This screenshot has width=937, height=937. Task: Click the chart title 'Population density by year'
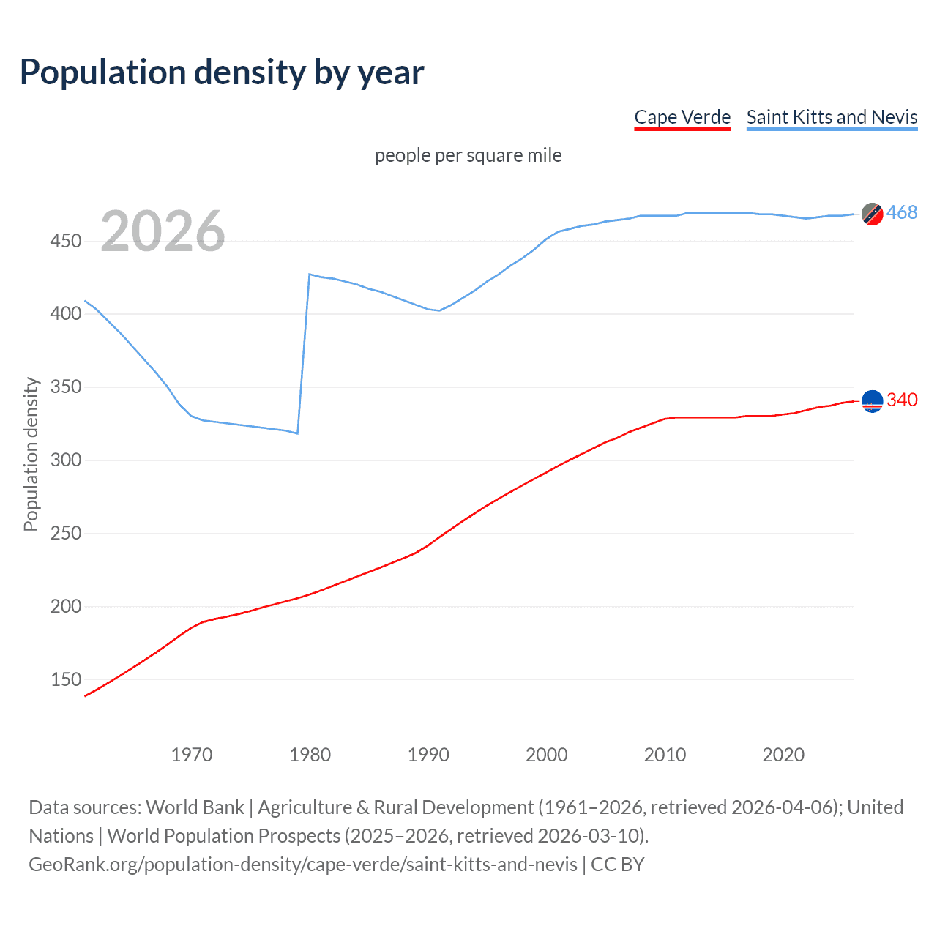[x=222, y=72]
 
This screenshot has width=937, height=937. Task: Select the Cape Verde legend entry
[x=682, y=117]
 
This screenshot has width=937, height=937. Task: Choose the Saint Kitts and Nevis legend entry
[x=832, y=117]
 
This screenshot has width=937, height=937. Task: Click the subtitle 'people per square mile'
[x=468, y=155]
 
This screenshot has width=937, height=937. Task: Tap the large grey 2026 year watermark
[x=163, y=231]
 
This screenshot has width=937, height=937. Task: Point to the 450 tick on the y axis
[x=66, y=241]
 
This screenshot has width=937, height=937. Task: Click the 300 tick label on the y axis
[x=66, y=460]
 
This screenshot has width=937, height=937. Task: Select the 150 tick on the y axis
[x=66, y=679]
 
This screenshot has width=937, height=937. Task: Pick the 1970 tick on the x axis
[x=192, y=755]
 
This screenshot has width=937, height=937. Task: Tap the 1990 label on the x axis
[x=428, y=755]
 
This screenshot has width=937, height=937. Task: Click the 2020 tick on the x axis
[x=783, y=755]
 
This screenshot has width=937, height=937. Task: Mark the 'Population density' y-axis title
[x=31, y=454]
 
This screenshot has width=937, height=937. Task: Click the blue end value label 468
[x=902, y=213]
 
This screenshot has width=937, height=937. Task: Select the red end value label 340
[x=902, y=400]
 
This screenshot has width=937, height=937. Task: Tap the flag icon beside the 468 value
[x=872, y=214]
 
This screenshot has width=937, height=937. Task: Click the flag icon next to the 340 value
[x=872, y=401]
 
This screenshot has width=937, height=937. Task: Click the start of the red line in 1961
[x=86, y=695]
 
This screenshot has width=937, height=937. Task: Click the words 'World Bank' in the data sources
[x=195, y=807]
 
